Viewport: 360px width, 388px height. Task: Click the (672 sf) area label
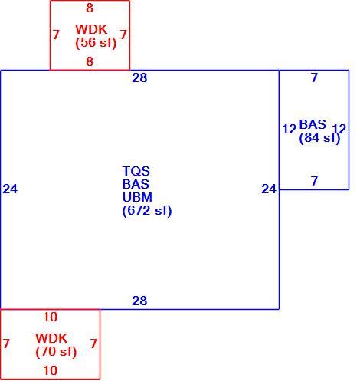[x=147, y=211]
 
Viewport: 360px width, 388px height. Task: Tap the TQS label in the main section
[x=136, y=171]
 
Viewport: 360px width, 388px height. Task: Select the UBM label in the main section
[x=137, y=197]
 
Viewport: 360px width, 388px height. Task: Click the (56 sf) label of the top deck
[x=96, y=43]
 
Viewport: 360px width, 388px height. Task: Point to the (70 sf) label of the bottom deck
[x=56, y=352]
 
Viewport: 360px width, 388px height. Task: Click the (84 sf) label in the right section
[x=319, y=138]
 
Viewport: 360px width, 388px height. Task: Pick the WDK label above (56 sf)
[x=91, y=29]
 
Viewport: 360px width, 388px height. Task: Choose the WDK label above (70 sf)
[x=51, y=338]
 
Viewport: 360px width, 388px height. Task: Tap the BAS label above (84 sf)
[x=313, y=125]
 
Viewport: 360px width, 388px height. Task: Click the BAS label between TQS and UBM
[x=136, y=184]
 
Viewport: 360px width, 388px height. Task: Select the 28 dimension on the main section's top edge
[x=139, y=78]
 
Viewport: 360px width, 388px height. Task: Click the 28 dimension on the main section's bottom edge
[x=139, y=301]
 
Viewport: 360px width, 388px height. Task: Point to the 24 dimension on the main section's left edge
[x=10, y=189]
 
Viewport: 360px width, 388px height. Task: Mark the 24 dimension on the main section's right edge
[x=269, y=189]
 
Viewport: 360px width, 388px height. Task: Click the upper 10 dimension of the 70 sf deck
[x=51, y=317]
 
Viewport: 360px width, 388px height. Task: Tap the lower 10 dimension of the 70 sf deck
[x=51, y=370]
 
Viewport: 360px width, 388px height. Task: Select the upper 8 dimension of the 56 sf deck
[x=90, y=8]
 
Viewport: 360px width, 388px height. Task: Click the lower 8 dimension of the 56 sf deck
[x=90, y=61]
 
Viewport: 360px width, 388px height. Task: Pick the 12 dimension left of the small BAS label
[x=290, y=129]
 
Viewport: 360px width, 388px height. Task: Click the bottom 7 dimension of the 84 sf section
[x=315, y=181]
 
